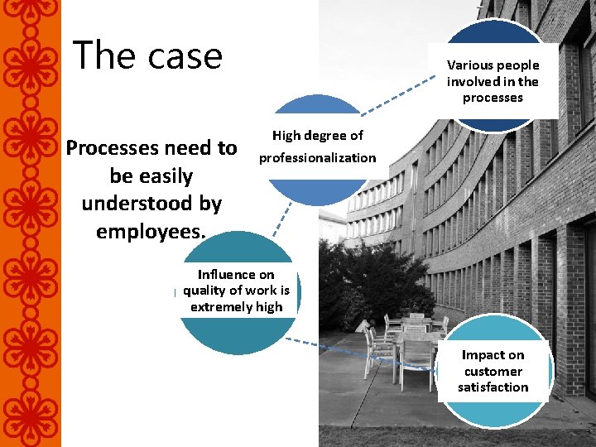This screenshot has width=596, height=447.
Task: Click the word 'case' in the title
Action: (x=186, y=55)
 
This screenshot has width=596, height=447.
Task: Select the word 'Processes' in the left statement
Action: (x=115, y=148)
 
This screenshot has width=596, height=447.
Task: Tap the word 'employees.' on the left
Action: (x=151, y=231)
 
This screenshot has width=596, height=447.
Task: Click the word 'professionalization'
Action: (x=318, y=157)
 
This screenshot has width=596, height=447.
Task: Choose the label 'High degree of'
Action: (x=318, y=136)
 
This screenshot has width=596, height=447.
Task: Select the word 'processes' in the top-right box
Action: (x=493, y=98)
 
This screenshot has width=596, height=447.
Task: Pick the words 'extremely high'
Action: (x=236, y=306)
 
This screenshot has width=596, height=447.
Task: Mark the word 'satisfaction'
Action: (x=493, y=387)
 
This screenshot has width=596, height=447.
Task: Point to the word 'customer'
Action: (x=493, y=371)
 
